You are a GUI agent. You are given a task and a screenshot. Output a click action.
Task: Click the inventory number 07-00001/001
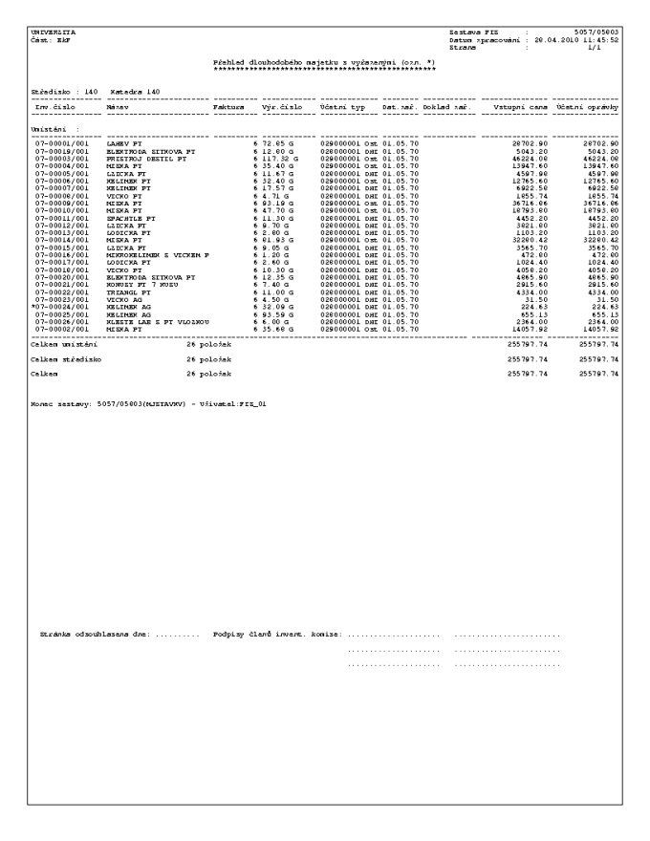(x=54, y=141)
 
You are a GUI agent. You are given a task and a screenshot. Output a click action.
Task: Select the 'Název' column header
(x=117, y=109)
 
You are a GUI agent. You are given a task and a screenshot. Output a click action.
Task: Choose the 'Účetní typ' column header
(x=343, y=109)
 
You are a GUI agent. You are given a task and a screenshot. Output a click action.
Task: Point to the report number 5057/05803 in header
(x=597, y=33)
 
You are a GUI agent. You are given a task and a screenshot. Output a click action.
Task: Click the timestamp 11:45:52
(x=602, y=41)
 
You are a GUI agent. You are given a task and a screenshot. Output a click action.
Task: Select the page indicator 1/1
(x=613, y=49)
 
